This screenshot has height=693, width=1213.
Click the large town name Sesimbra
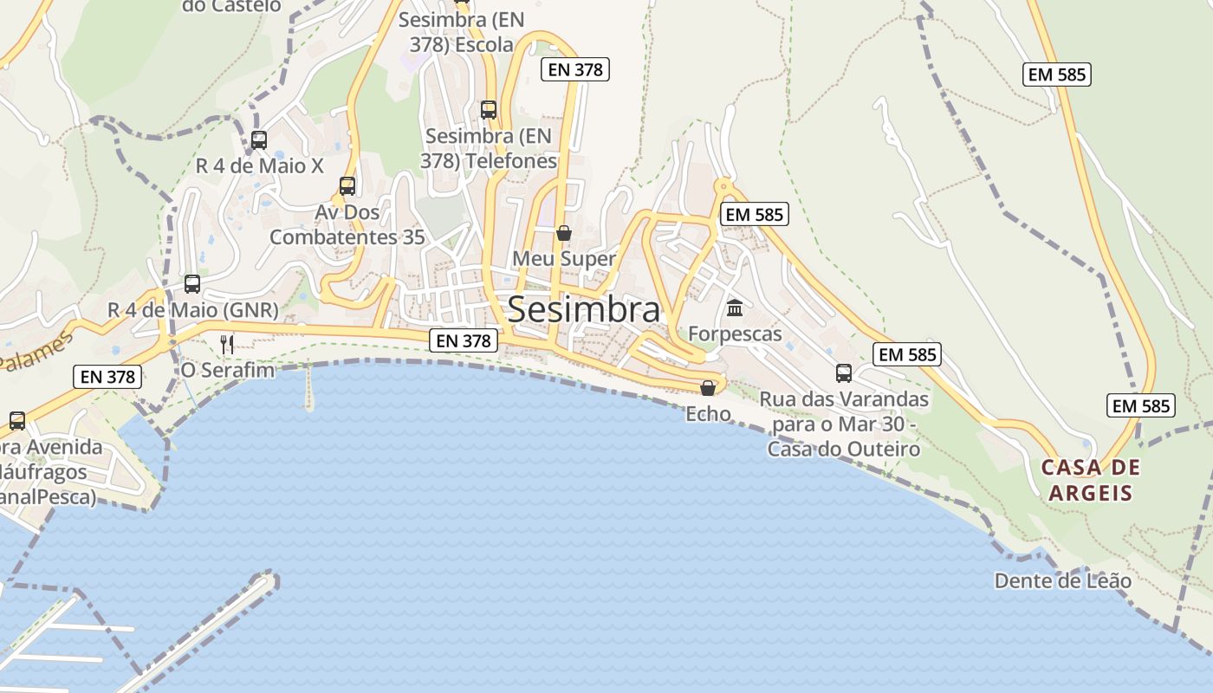[583, 309]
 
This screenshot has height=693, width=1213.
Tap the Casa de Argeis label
[1090, 480]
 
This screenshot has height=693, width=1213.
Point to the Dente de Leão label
[1062, 580]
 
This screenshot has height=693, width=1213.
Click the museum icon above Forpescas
[735, 308]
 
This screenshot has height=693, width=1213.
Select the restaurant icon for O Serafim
[227, 344]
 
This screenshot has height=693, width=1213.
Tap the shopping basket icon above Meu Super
[564, 232]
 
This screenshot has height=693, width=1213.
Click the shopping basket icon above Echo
[708, 387]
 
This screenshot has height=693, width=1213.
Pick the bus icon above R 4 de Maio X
[258, 139]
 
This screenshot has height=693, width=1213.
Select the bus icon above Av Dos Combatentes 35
[347, 185]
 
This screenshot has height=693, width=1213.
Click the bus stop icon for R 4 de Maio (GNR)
[192, 283]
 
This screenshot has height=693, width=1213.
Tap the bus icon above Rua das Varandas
[844, 372]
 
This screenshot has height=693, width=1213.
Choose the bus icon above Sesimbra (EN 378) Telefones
[489, 109]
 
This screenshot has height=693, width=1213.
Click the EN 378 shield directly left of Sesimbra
[464, 340]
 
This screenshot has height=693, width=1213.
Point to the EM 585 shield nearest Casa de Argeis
[1140, 405]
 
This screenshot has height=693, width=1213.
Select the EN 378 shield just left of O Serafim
[108, 376]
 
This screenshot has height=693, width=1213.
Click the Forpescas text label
[735, 334]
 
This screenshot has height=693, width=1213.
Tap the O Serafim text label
[227, 370]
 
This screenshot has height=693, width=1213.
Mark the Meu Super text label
[564, 258]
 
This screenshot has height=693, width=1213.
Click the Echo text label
[708, 414]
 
